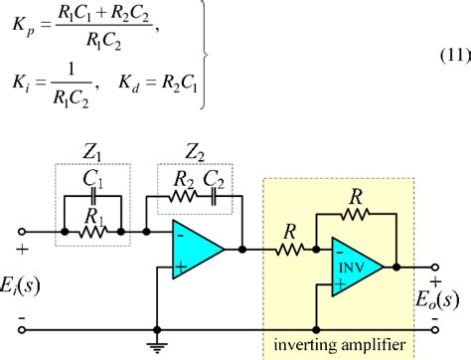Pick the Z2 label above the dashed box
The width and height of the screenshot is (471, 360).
tap(195, 154)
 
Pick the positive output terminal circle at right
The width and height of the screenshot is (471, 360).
tap(433, 267)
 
